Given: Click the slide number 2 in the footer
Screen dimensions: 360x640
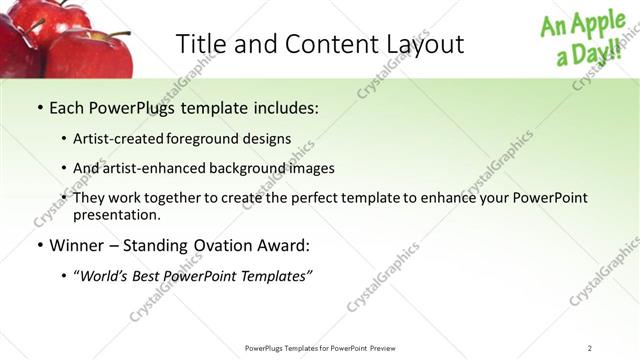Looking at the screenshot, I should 590,348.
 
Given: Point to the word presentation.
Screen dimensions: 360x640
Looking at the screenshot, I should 117,214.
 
